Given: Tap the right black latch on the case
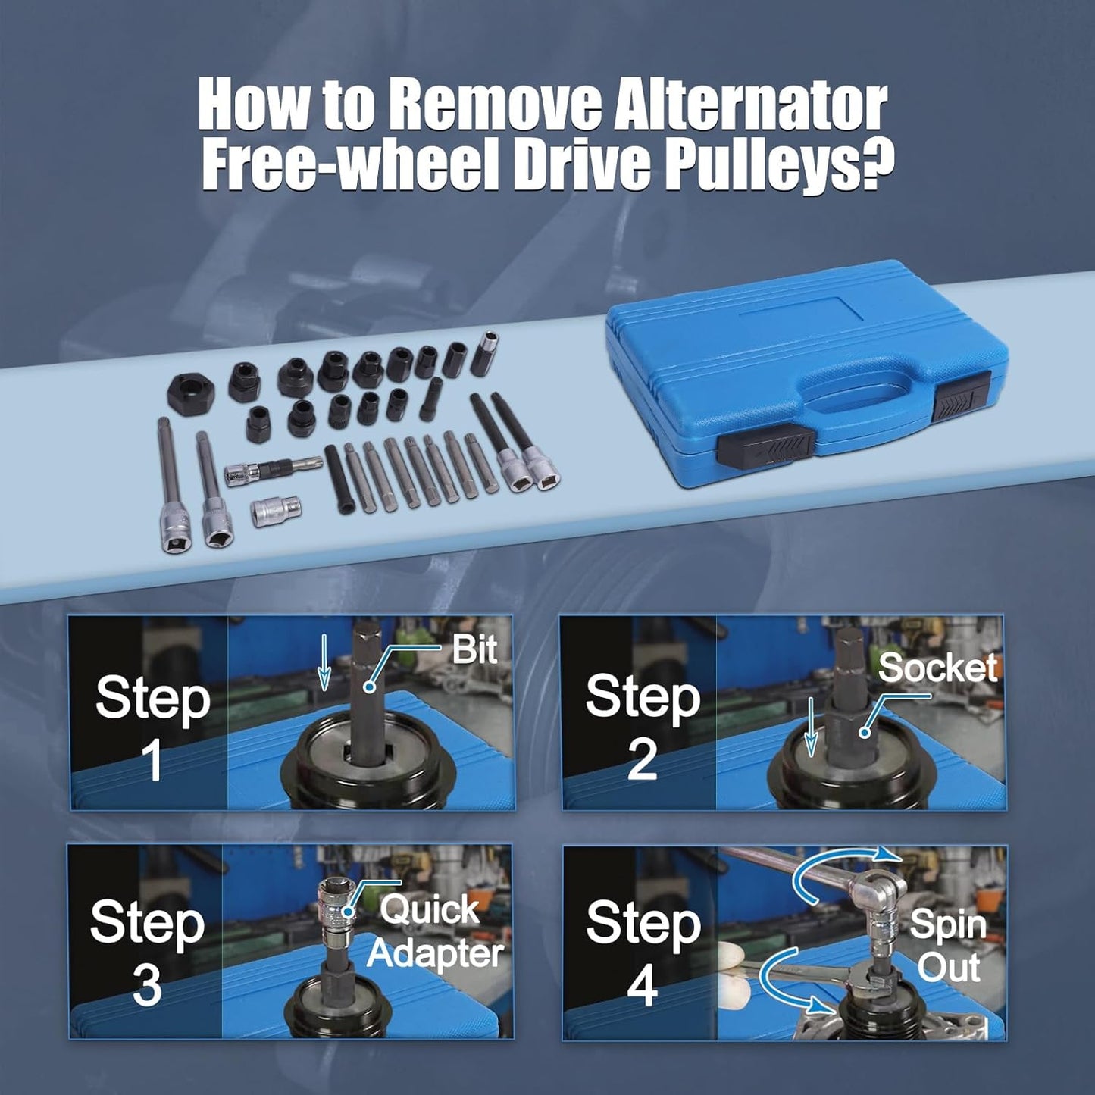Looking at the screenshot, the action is (962, 401).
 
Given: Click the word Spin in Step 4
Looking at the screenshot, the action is (948, 924).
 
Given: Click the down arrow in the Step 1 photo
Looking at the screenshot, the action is (324, 662).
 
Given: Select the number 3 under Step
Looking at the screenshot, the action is (146, 988).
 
